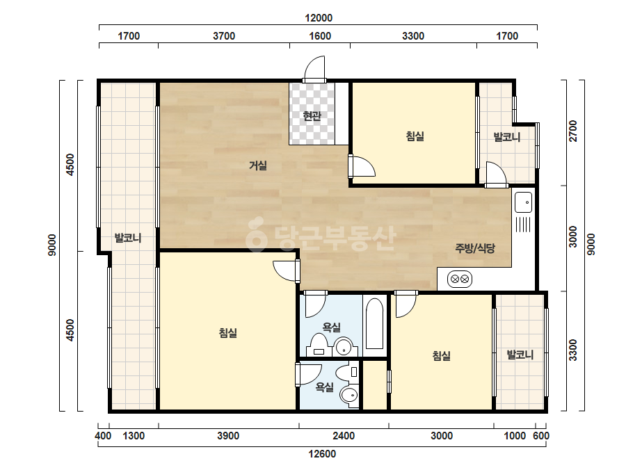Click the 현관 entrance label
coord(312,116)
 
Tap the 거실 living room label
coord(258,165)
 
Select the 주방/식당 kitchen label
coord(475,248)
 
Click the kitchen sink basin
coord(523,202)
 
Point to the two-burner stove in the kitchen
coord(459,279)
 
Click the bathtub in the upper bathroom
coord(374,323)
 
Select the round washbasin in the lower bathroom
coord(349,395)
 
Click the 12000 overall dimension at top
coord(319,18)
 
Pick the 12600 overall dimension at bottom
coord(322,454)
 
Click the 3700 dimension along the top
coord(224,36)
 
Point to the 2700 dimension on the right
coord(573,131)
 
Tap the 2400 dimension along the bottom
coord(344,436)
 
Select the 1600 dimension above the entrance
coord(320,36)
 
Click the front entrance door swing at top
coord(314,68)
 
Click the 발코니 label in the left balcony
coord(128,238)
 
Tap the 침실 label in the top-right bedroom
coord(415,136)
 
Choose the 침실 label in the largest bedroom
coord(228,333)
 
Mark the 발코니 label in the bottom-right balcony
coord(520,355)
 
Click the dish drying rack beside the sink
coord(523,225)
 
